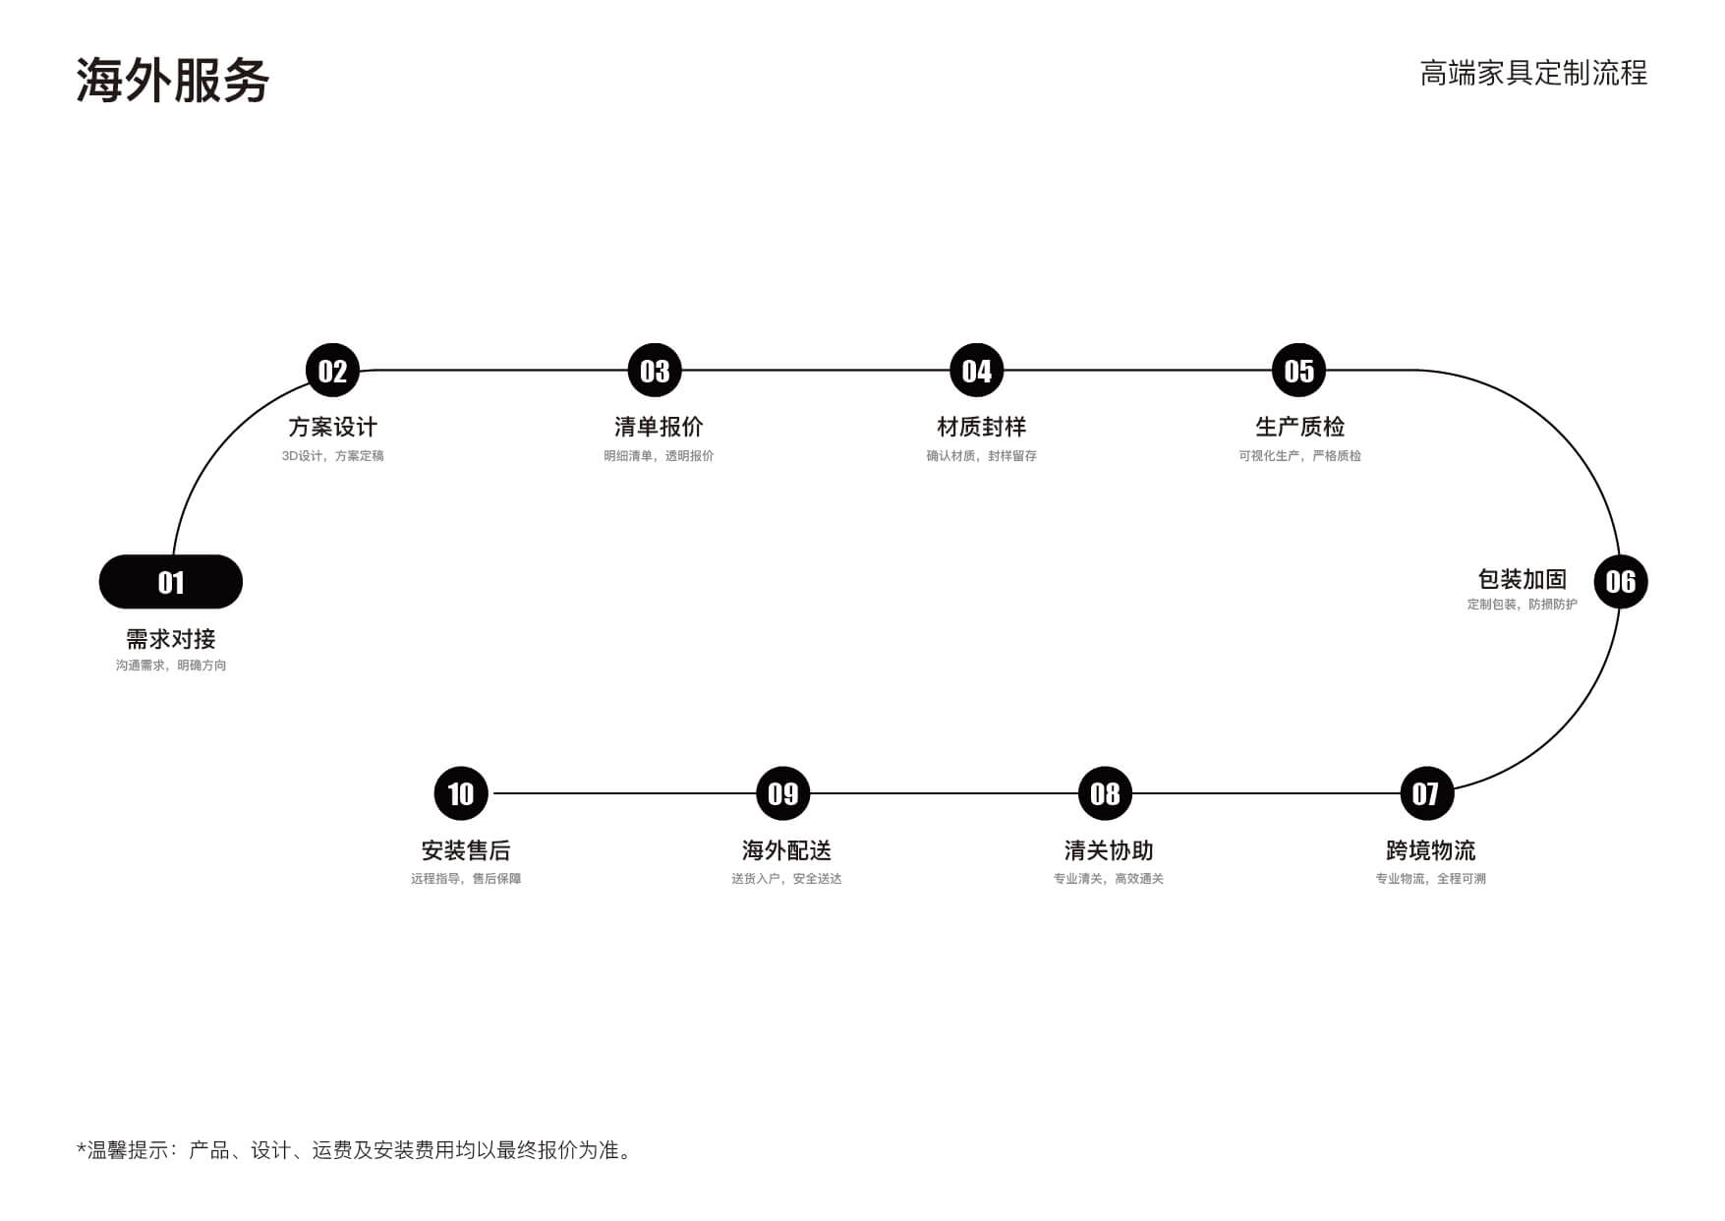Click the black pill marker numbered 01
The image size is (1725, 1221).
[x=171, y=582]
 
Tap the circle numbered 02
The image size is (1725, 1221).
[x=332, y=371]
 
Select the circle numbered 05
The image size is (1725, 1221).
[x=1298, y=371]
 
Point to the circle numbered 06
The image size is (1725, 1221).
[x=1620, y=582]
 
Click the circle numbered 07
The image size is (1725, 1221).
[x=1426, y=793]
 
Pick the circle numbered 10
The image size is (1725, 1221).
[x=461, y=793]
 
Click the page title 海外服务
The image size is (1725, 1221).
[x=173, y=80]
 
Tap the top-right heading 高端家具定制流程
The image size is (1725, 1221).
[x=1533, y=73]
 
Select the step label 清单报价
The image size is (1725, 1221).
[x=659, y=427]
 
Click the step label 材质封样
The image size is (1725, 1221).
[x=981, y=427]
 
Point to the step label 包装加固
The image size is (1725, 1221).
[x=1522, y=579]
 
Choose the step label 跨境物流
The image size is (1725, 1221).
[x=1430, y=850]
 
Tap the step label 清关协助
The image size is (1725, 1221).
[x=1109, y=850]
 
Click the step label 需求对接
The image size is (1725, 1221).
[x=171, y=639]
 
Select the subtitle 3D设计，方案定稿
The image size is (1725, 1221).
[x=332, y=456]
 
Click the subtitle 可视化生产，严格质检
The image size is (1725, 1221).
[x=1299, y=456]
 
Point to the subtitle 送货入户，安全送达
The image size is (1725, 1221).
[x=786, y=879]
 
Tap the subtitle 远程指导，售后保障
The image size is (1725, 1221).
[x=466, y=879]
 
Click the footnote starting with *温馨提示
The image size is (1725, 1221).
[x=355, y=1150]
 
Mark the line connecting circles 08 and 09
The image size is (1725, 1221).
[x=944, y=793]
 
